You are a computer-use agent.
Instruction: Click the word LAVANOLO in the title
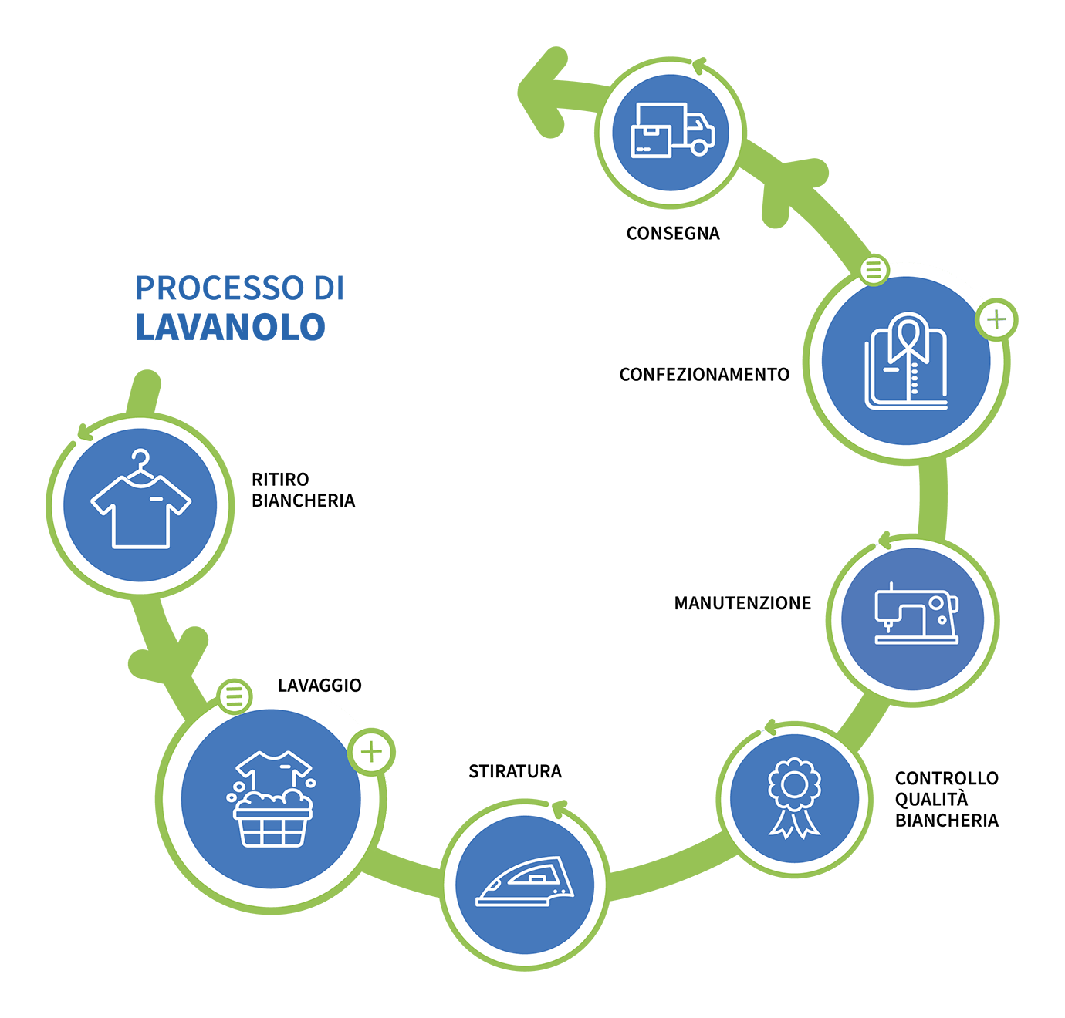point(231,327)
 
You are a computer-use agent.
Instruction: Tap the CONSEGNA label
point(673,234)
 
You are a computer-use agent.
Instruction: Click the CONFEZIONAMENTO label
point(704,375)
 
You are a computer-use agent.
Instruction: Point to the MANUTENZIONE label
point(742,603)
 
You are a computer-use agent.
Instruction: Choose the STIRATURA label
point(515,771)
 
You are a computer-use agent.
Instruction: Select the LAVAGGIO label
point(319,686)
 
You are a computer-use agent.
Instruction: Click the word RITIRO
point(280,480)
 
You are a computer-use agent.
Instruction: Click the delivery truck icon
point(672,130)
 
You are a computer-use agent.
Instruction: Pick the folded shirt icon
point(906,361)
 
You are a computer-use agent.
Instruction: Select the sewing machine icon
point(916,613)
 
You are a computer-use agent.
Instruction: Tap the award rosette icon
point(794,798)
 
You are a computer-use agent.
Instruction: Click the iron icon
point(525,881)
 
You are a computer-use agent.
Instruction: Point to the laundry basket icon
point(271,799)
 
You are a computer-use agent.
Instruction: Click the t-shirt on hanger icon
point(140,499)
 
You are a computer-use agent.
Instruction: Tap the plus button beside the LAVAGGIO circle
point(371,752)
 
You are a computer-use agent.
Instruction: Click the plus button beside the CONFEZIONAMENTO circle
point(996,320)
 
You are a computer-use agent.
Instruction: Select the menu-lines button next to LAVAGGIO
point(235,697)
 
